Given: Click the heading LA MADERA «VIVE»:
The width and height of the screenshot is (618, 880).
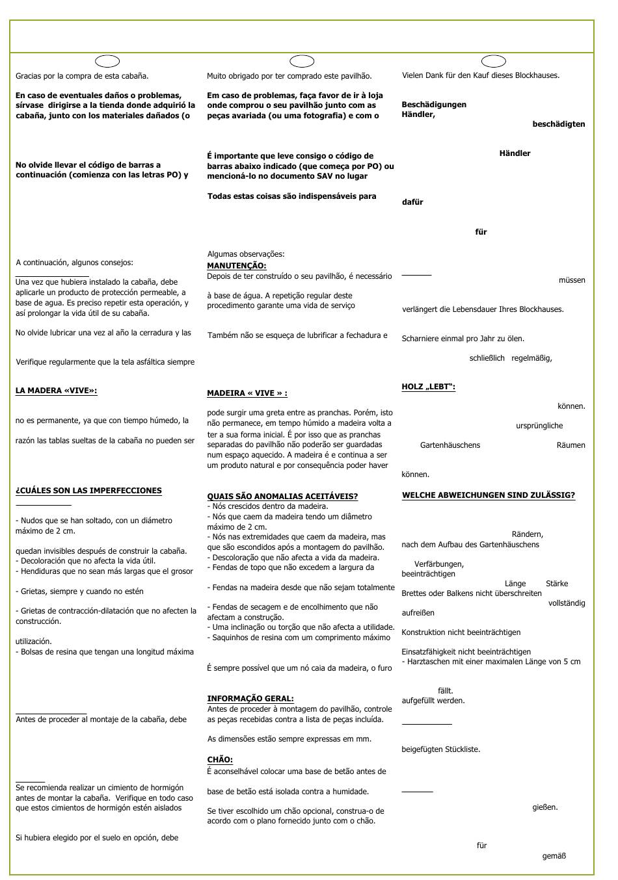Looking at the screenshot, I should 56,391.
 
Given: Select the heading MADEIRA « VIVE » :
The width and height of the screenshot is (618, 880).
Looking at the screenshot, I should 247,393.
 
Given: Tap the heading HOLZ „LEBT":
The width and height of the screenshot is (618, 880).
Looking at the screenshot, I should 428,387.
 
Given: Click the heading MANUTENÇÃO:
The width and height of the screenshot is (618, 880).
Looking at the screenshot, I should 236,266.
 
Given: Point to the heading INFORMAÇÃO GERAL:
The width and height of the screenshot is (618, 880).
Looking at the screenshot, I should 250,699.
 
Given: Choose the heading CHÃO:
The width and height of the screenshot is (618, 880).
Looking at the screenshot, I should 220,760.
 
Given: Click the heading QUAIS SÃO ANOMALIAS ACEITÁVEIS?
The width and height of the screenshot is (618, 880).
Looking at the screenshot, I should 282,497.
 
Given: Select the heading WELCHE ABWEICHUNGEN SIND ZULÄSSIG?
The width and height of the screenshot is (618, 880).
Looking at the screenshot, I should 488,495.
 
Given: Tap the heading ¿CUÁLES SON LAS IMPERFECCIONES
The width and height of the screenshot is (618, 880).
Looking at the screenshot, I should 88,491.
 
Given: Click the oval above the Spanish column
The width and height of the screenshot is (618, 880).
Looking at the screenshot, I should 107,61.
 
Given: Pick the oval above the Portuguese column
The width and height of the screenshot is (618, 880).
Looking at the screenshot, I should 302,61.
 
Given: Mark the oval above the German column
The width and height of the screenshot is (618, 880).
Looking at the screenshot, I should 494,61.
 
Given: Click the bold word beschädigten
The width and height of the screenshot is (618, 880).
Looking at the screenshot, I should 558,124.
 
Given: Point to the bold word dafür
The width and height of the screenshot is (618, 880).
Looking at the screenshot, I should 412,202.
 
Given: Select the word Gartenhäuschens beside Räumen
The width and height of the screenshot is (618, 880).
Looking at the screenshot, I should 450,445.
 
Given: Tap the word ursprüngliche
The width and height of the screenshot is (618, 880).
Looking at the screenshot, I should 539,426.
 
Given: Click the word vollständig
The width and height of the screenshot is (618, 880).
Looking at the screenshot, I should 567,603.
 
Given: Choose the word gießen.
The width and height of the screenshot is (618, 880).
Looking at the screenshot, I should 545,807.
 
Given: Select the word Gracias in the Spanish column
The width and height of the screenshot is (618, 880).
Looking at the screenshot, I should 29,76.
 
